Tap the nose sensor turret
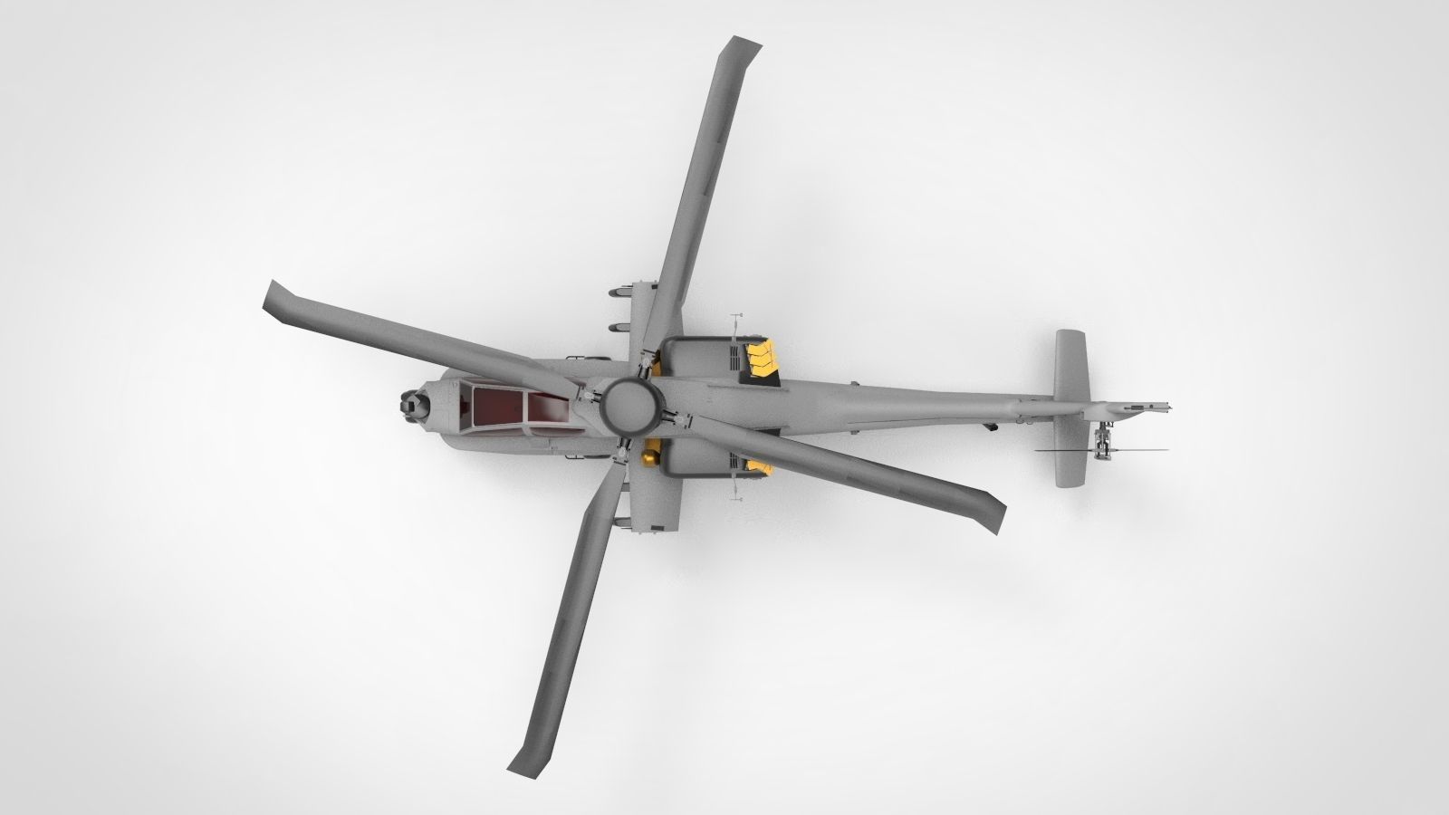click(x=415, y=405)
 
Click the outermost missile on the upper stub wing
click(x=619, y=292)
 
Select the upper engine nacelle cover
click(x=697, y=358)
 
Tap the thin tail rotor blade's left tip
click(x=1038, y=449)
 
